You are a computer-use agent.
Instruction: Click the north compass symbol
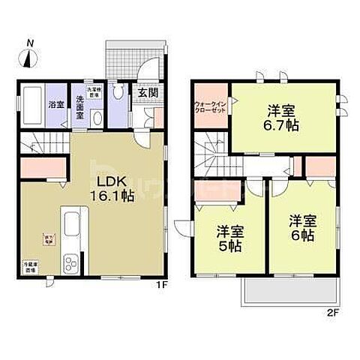(28, 54)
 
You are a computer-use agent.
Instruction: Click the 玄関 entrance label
(146, 93)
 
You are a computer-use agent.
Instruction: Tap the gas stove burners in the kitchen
(71, 262)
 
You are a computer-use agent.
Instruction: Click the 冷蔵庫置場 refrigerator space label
(30, 266)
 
